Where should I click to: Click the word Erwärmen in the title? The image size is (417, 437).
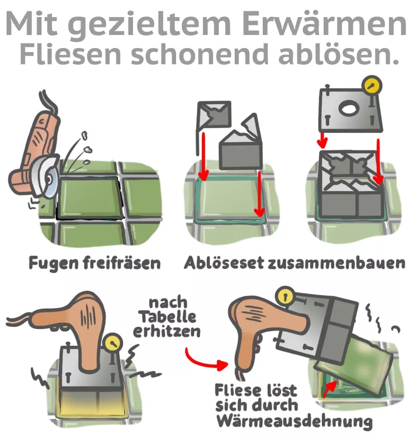[325, 24]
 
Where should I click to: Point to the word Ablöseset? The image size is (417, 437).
[224, 263]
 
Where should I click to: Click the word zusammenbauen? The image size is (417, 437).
[336, 263]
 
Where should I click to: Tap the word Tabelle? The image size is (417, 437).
[168, 317]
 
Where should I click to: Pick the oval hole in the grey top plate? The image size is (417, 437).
[348, 109]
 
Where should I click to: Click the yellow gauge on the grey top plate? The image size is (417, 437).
[372, 84]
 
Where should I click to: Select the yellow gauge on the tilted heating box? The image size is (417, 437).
[285, 296]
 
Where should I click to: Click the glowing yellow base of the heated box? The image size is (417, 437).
[92, 404]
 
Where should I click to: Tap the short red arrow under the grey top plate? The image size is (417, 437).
[323, 140]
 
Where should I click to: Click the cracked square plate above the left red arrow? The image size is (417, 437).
[214, 114]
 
